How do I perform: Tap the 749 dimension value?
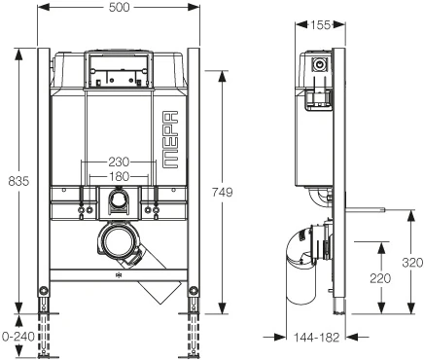[223, 193]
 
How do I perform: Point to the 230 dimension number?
[119, 162]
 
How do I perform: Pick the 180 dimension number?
[119, 176]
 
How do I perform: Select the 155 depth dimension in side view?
[315, 26]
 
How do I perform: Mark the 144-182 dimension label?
[315, 336]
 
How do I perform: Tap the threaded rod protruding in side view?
[365, 207]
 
